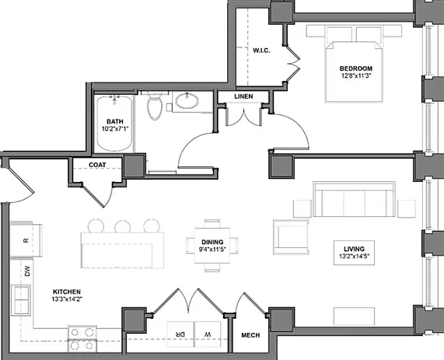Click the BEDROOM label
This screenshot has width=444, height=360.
pos(356,68)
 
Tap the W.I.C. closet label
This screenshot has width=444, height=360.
pos(261,51)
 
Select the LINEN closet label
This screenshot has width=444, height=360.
pos(243,96)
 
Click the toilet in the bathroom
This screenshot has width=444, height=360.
pos(155,106)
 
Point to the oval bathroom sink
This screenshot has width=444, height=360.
pos(187,101)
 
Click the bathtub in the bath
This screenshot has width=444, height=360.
pos(114,124)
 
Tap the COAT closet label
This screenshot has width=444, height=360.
pos(97,165)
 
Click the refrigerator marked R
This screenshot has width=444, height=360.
pos(26,240)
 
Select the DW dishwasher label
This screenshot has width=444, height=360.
pos(27,271)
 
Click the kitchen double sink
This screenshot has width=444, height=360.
pos(21,300)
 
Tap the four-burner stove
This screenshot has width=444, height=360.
pos(82,339)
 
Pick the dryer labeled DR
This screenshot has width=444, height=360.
pos(180,334)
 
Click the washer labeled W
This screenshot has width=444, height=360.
pos(208,334)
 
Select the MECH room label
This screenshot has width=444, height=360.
pos(250,335)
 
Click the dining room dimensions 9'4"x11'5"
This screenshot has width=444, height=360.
pos(212,250)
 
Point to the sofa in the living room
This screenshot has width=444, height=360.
pos(354,199)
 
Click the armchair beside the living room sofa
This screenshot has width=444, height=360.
pos(291,237)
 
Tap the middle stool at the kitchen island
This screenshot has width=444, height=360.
pos(123,226)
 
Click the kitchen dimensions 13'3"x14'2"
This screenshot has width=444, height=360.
pos(67,299)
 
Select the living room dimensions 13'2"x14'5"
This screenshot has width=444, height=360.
pos(354,257)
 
